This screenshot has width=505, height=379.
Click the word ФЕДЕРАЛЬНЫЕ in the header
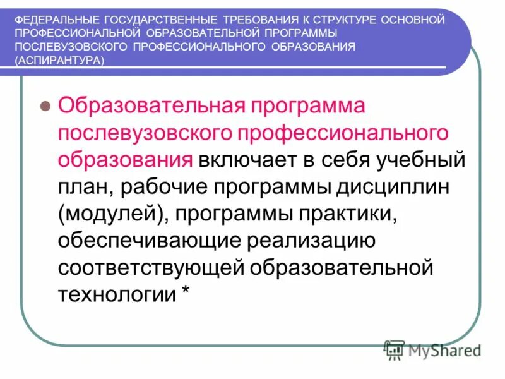click(47, 20)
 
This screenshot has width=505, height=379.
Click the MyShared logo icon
click(395, 349)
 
